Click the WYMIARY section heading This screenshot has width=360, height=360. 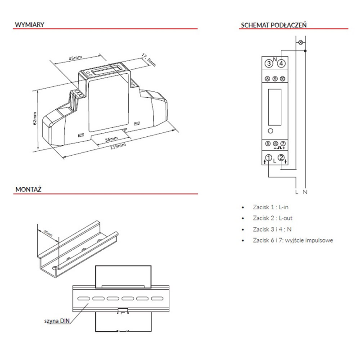[29, 25]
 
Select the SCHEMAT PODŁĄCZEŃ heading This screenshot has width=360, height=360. [274, 25]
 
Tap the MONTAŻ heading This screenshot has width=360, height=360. [28, 189]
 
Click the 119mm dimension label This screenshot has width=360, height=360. [118, 146]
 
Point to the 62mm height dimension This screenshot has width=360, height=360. [35, 118]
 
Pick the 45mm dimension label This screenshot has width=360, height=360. [75, 58]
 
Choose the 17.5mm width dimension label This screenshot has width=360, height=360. [148, 60]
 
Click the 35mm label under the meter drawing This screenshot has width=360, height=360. [111, 139]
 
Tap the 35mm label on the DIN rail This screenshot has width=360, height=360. [48, 233]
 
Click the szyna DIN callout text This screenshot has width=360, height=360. [57, 321]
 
